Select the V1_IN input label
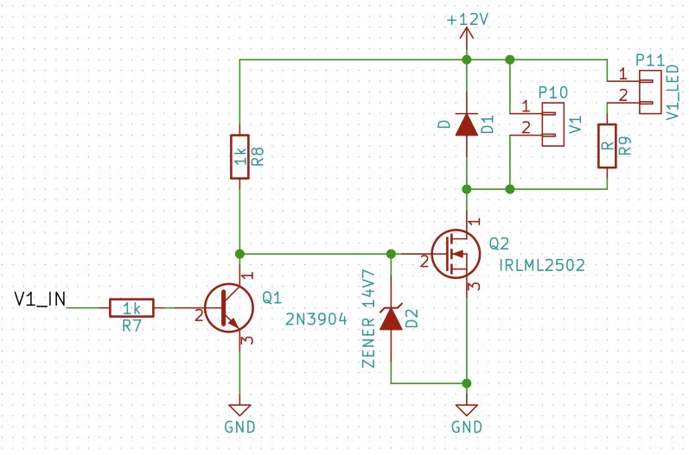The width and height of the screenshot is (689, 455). [x=41, y=299]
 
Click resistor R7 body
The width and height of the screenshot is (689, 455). [x=131, y=307]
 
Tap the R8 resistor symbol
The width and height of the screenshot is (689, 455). [x=239, y=156]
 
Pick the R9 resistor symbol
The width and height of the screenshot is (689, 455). [x=607, y=146]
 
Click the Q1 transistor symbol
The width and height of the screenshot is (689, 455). [x=226, y=307]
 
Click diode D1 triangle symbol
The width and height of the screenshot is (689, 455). [x=467, y=125]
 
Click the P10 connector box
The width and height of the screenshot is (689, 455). [x=552, y=124]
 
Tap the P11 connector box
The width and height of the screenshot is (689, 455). [x=649, y=92]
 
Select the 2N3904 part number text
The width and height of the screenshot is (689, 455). [x=316, y=319]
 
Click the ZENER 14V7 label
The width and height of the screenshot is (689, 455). [x=368, y=319]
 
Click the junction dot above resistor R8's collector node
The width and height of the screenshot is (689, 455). [x=239, y=254]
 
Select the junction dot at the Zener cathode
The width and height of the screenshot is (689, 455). [x=392, y=254]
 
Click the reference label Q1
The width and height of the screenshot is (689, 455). [x=271, y=298]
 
